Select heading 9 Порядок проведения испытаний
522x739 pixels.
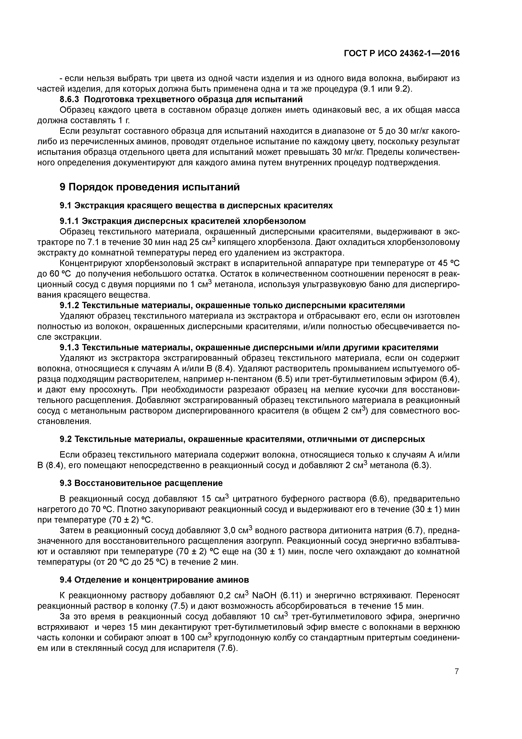tap(150, 187)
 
